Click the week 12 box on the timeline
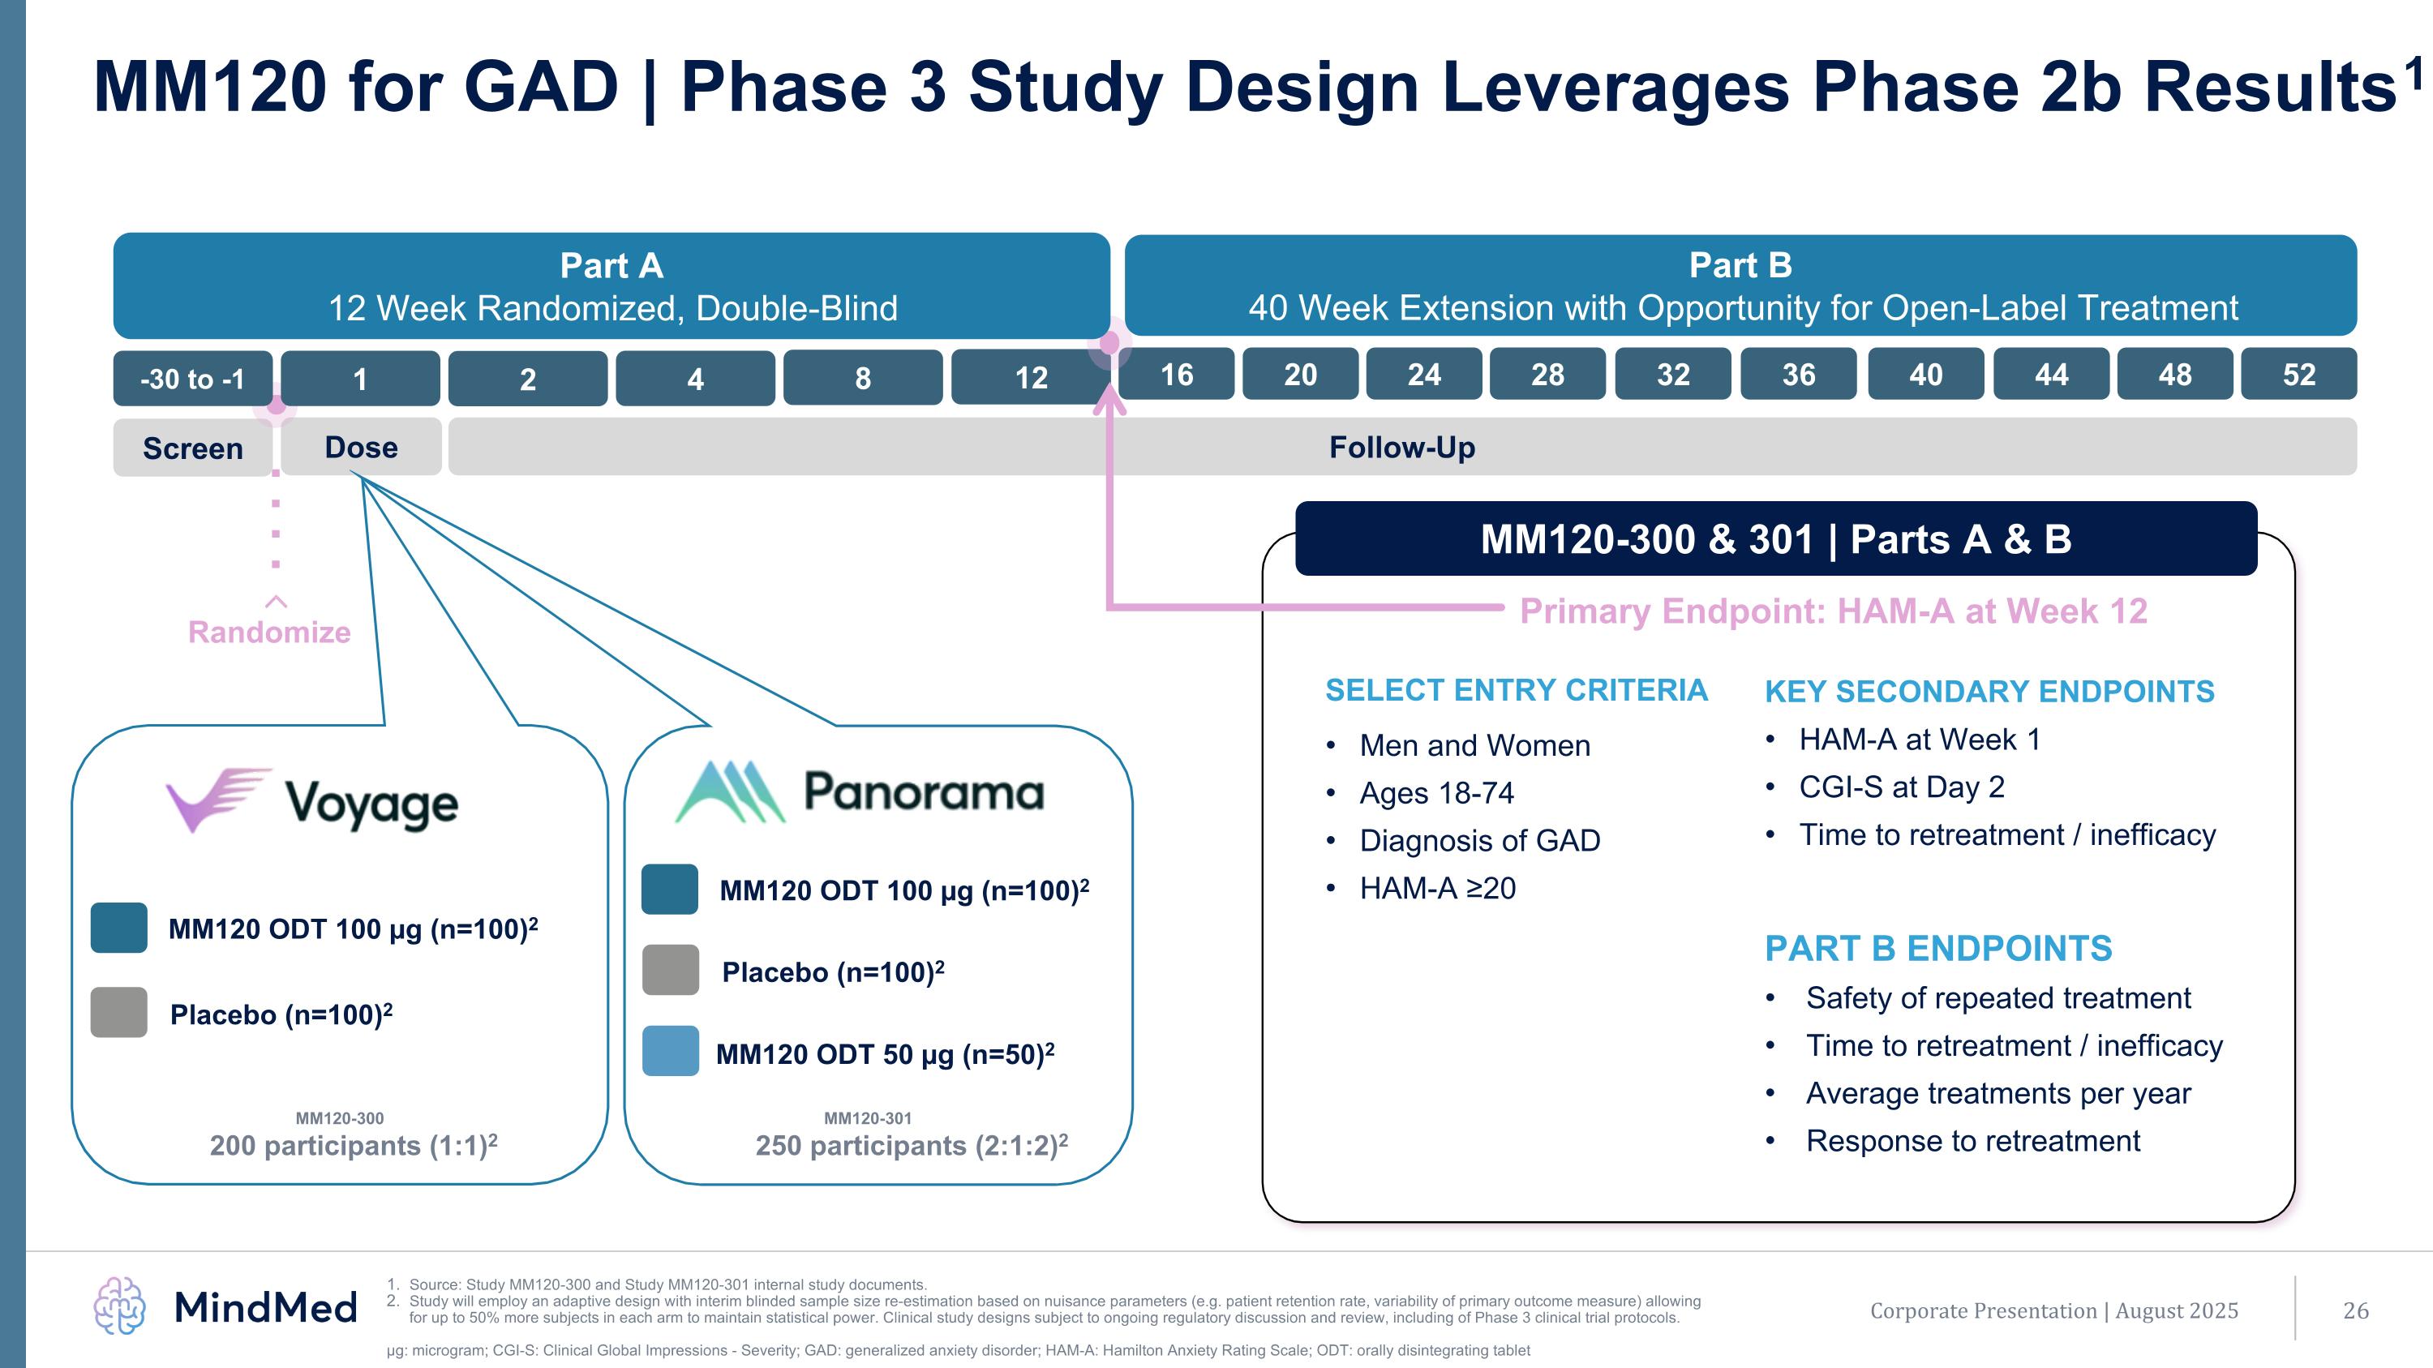1031,378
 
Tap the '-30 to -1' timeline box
193,379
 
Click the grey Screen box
193,448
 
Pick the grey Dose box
361,447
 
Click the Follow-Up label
1401,447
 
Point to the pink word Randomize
269,632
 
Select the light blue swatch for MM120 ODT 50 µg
670,1051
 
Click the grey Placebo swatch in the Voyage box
119,1012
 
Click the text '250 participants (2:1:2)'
911,1145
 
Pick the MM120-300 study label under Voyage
339,1117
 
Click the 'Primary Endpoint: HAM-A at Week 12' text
1832,611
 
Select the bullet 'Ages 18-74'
1435,793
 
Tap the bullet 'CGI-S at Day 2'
1900,787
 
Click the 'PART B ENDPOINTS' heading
1938,948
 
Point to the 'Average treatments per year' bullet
1997,1093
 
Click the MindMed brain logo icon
120,1306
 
